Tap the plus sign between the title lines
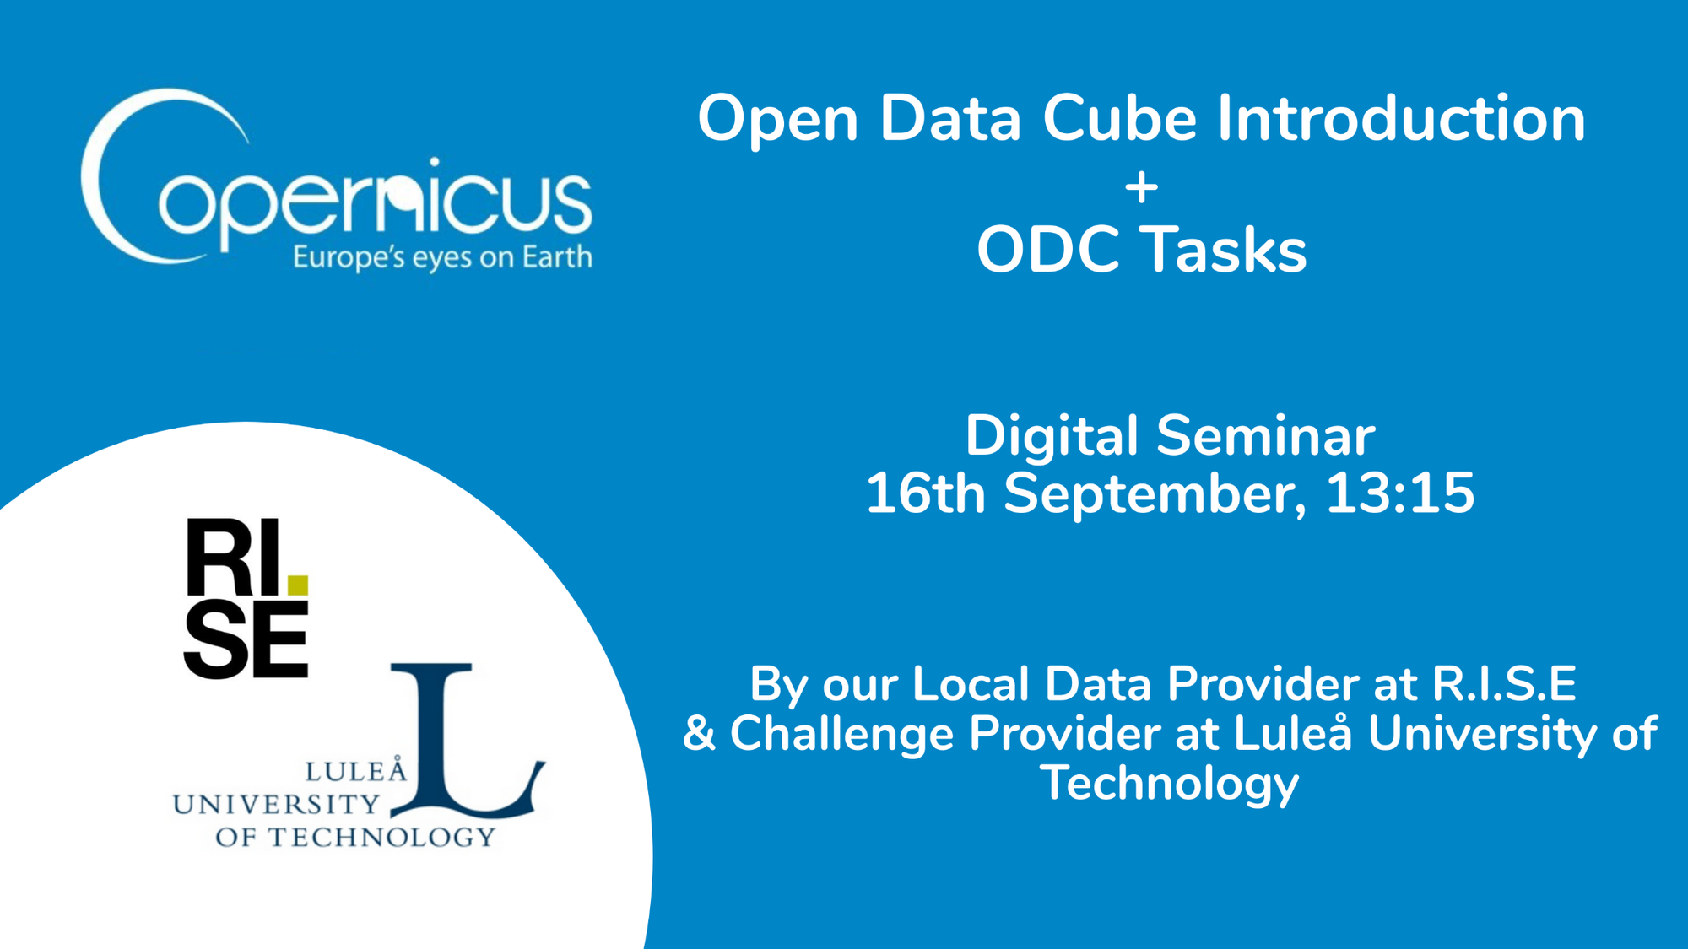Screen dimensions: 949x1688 [x=1141, y=187]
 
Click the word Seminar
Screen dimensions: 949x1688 [x=1265, y=436]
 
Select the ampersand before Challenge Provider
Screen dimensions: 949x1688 [x=699, y=733]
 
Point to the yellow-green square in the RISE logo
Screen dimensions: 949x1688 [x=298, y=585]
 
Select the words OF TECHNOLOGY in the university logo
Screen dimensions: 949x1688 [x=355, y=838]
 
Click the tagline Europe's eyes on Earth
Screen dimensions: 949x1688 [x=442, y=257]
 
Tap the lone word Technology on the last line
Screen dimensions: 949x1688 [x=1169, y=783]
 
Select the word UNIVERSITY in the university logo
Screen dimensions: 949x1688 [x=276, y=805]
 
